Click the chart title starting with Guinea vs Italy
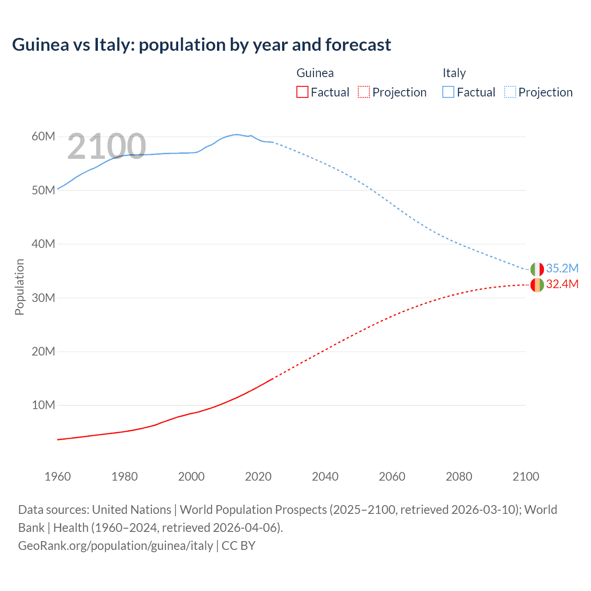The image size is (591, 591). click(x=201, y=45)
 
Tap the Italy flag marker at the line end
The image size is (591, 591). click(x=537, y=269)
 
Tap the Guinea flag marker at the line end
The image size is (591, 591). click(x=537, y=285)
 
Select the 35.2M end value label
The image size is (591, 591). click(x=562, y=268)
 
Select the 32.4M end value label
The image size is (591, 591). click(x=562, y=284)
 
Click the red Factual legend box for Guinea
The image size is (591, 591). click(x=302, y=92)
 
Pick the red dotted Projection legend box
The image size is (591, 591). click(x=363, y=92)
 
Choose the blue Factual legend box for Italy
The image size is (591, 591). click(x=448, y=92)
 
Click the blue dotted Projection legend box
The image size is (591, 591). click(x=510, y=92)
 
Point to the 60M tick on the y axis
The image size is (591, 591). click(x=43, y=136)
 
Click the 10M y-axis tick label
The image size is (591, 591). click(x=43, y=405)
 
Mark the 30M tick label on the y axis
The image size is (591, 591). click(x=43, y=298)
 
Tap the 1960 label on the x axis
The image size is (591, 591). click(x=58, y=476)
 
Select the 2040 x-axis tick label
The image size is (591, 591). click(x=325, y=476)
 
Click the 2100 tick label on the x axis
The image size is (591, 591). click(x=525, y=476)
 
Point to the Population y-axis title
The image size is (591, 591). click(x=19, y=287)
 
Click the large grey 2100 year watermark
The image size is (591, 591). click(x=107, y=146)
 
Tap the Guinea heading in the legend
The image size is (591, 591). click(x=315, y=73)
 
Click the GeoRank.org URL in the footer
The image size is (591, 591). click(x=115, y=546)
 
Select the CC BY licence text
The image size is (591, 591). click(x=239, y=546)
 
